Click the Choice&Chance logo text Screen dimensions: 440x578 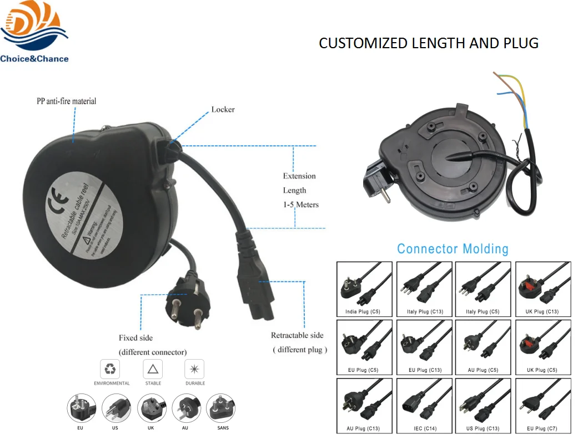tap(34, 59)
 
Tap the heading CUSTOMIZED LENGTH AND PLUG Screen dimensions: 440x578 tap(428, 43)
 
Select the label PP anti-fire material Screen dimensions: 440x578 tap(66, 101)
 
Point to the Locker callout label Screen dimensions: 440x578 tap(223, 109)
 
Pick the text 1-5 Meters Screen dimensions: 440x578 tap(300, 204)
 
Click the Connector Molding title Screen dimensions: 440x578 tap(453, 248)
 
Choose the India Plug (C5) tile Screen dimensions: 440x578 tap(363, 289)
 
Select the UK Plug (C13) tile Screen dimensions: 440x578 tap(542, 289)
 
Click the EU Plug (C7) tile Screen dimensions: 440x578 tap(542, 405)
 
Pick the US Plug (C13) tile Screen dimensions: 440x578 tap(482, 405)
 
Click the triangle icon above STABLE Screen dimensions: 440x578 tap(153, 369)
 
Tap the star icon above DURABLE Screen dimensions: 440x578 tap(195, 369)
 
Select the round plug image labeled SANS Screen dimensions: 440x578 tap(220, 409)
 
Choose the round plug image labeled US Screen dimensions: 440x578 tap(116, 409)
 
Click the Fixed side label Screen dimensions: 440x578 tap(135, 337)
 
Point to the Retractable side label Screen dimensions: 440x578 tap(297, 335)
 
